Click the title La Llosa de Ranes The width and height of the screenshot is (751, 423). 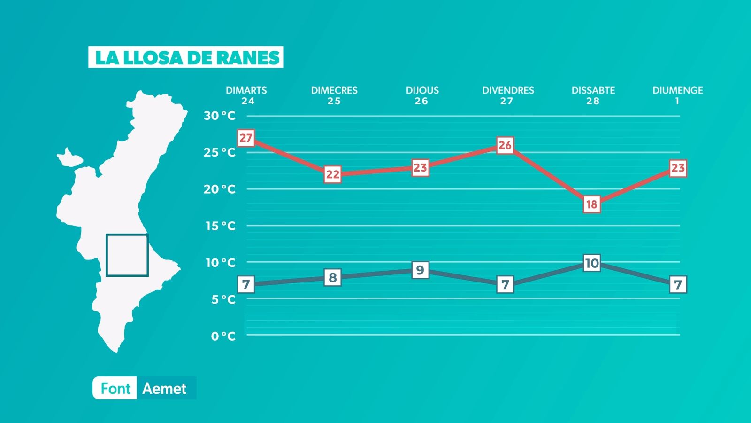(186, 57)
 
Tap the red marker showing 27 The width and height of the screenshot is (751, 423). (246, 138)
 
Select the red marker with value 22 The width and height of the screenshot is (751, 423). (333, 174)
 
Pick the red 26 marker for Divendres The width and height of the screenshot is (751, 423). (505, 145)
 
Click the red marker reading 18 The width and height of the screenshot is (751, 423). (592, 204)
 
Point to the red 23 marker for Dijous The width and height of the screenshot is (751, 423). (420, 167)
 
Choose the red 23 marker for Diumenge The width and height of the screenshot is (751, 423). (678, 168)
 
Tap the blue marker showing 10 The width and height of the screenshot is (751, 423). (592, 263)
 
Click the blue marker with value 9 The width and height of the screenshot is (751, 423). (420, 270)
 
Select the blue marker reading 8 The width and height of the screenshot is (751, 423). (333, 277)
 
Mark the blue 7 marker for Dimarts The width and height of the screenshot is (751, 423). (246, 284)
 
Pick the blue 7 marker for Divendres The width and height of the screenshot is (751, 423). (505, 284)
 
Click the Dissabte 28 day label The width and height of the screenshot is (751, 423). (593, 95)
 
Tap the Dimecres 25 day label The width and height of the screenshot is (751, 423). (334, 95)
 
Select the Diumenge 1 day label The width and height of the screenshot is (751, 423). (677, 95)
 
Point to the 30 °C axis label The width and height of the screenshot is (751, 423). (219, 116)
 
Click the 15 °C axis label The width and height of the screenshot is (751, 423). (220, 226)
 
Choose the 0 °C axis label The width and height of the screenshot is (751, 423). (223, 336)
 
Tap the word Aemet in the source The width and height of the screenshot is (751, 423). (164, 389)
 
